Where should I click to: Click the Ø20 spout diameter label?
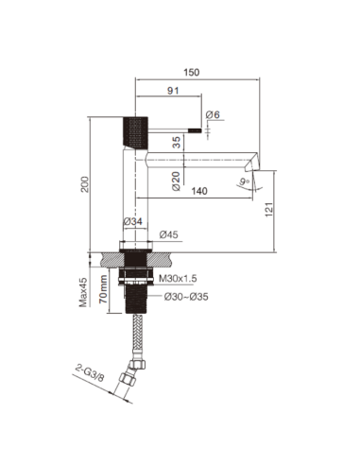(x=176, y=178)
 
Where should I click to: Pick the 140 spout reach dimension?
(x=198, y=192)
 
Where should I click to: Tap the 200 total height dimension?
(x=87, y=186)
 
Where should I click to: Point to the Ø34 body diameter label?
(x=133, y=222)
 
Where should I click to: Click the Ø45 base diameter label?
(x=170, y=233)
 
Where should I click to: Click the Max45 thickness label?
(x=83, y=290)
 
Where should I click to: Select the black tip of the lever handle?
(x=197, y=130)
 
